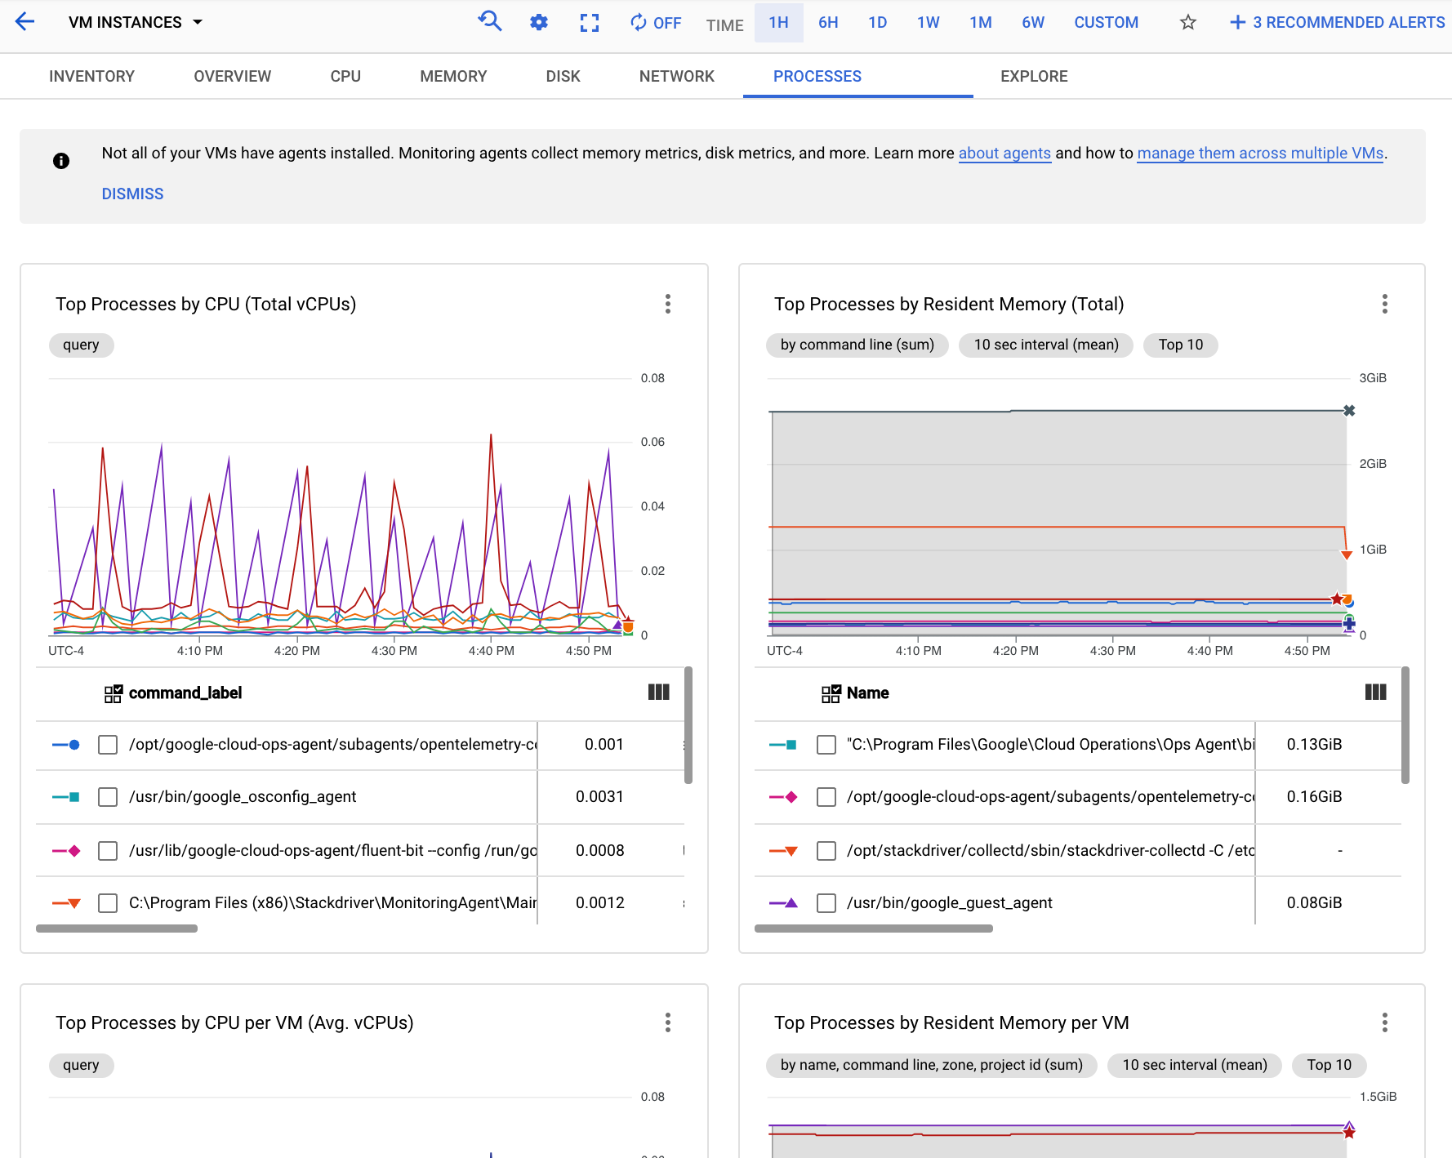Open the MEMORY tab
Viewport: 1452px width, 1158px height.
click(x=453, y=76)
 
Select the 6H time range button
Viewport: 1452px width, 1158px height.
click(x=828, y=22)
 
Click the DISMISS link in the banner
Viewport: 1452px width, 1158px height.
click(x=132, y=194)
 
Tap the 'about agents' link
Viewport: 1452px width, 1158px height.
click(x=1004, y=153)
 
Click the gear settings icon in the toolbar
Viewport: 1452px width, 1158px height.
click(x=539, y=22)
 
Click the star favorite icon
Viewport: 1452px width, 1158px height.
click(x=1188, y=22)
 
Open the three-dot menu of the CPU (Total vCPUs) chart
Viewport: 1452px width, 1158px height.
click(x=668, y=304)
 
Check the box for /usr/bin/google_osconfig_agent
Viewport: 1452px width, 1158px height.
click(x=108, y=796)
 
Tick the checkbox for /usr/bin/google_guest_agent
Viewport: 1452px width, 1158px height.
click(x=826, y=902)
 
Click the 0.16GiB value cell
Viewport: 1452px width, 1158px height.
click(x=1314, y=796)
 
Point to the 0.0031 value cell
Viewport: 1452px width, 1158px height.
click(x=599, y=796)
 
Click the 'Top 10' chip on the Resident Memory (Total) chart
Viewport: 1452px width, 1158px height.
click(x=1180, y=345)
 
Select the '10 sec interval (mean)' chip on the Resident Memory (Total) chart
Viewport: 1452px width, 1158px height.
click(x=1046, y=345)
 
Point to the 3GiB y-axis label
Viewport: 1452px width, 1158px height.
click(x=1372, y=378)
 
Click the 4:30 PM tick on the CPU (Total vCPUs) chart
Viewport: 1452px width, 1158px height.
click(x=394, y=651)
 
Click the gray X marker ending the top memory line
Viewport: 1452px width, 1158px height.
click(x=1349, y=411)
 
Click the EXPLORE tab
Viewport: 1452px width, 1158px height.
click(x=1034, y=76)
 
